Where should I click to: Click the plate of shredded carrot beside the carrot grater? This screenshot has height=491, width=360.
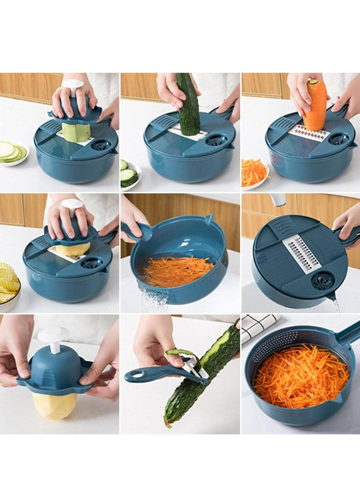[x=254, y=174]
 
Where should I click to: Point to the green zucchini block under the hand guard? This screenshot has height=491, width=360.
[x=76, y=132]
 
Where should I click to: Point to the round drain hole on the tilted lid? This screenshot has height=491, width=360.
[x=322, y=280]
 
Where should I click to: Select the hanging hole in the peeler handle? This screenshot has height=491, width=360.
[x=135, y=374]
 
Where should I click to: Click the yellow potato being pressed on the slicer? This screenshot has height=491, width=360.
[x=73, y=249]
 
